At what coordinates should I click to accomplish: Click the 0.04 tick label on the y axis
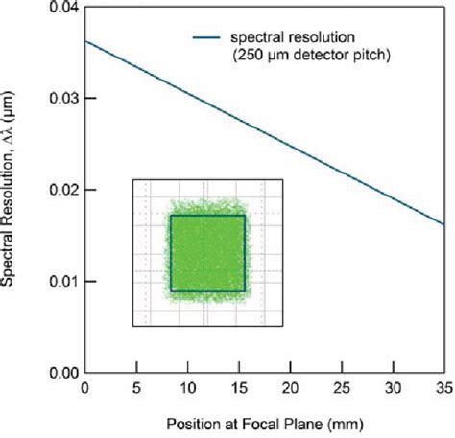(61, 9)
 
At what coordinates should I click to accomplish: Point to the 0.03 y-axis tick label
(61, 100)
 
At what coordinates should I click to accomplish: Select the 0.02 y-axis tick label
(61, 191)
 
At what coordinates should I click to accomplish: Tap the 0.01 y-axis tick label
(61, 282)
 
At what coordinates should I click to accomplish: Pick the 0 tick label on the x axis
(85, 389)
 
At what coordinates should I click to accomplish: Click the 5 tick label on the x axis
(136, 389)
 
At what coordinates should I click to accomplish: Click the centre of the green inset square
(207, 252)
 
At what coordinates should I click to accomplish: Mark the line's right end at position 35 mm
(443, 225)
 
